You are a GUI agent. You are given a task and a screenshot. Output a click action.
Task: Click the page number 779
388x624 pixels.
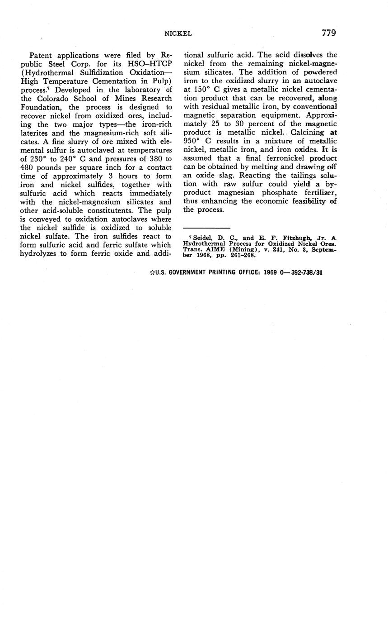point(328,33)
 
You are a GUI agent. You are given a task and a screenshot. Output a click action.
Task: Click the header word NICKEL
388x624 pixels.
point(178,33)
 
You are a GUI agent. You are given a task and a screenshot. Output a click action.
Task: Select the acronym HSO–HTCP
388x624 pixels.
point(150,64)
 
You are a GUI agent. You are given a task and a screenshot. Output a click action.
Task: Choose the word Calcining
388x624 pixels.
point(309,133)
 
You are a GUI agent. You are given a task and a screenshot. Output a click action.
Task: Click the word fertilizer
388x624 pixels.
point(320,193)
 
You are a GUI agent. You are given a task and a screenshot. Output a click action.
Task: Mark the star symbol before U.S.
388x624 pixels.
point(152,272)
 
